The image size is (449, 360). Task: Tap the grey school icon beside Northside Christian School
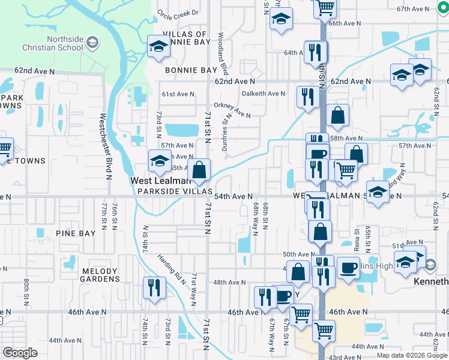[92, 43]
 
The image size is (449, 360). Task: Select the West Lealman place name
[161, 180]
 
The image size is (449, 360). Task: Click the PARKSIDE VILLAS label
[175, 191]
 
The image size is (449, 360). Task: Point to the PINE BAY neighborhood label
[73, 232]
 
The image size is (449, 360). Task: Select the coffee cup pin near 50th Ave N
[348, 267]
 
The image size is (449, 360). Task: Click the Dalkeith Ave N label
[263, 94]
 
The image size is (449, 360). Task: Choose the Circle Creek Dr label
[177, 13]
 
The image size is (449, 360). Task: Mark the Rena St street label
[357, 239]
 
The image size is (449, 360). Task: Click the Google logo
[20, 353]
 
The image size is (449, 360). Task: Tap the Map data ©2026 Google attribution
[412, 355]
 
